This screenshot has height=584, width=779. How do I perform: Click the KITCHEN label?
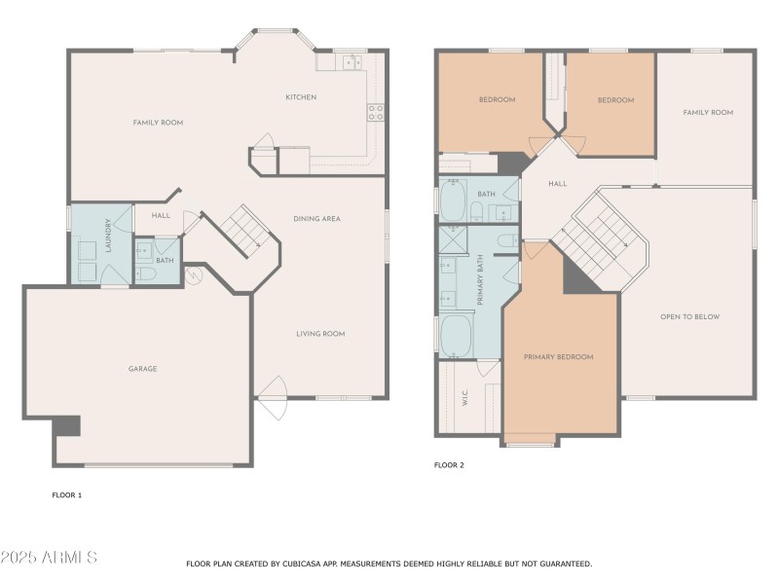pyautogui.click(x=300, y=97)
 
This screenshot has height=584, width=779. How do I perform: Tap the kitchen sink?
pyautogui.click(x=351, y=62)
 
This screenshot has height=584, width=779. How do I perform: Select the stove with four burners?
pyautogui.click(x=375, y=112)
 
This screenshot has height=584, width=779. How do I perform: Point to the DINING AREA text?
pyautogui.click(x=316, y=219)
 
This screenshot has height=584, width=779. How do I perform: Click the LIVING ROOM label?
pyautogui.click(x=320, y=334)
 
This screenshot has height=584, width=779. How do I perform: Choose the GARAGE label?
pyautogui.click(x=142, y=369)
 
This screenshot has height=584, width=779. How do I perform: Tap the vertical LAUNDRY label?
pyautogui.click(x=109, y=238)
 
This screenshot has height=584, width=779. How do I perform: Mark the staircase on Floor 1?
pyautogui.click(x=238, y=232)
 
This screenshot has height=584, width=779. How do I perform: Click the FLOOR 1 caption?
pyautogui.click(x=67, y=495)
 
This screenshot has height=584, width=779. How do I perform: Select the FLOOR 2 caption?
pyautogui.click(x=449, y=465)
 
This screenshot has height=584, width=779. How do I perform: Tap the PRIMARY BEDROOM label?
pyautogui.click(x=558, y=357)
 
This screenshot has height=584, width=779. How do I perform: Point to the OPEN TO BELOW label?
pyautogui.click(x=689, y=317)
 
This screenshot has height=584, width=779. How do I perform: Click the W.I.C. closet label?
pyautogui.click(x=464, y=398)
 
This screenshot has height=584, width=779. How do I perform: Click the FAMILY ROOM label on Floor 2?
pyautogui.click(x=708, y=113)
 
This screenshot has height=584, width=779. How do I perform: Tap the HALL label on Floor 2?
pyautogui.click(x=557, y=183)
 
